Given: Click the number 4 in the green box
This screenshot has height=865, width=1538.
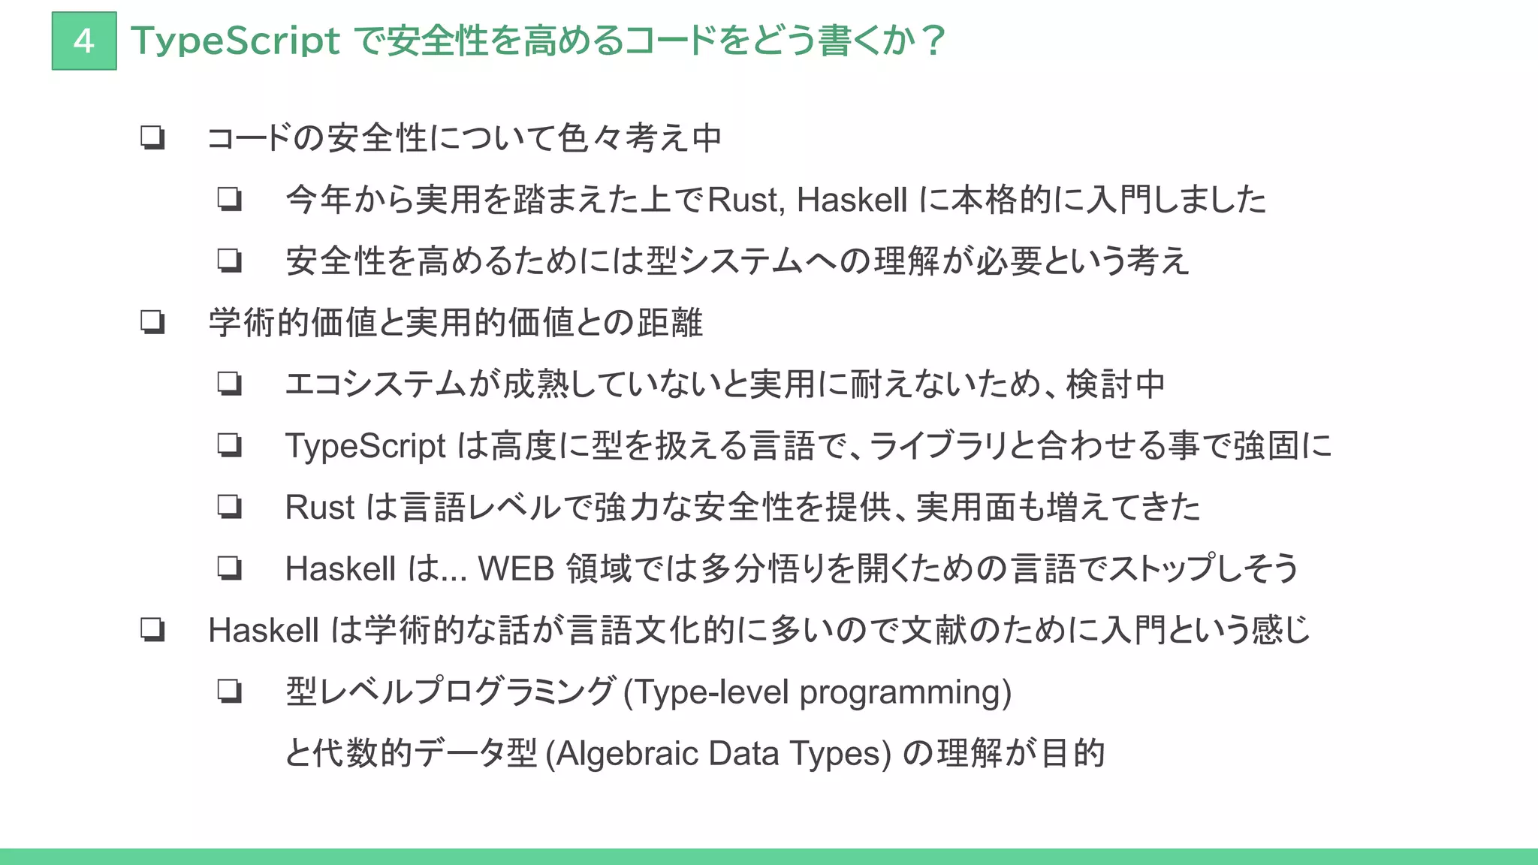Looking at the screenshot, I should coord(84,41).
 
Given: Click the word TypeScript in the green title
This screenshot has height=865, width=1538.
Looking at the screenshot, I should coord(235,41).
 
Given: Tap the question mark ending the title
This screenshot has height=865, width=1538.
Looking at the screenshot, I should coord(933,41).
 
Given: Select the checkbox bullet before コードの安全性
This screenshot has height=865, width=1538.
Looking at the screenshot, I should coord(152,137).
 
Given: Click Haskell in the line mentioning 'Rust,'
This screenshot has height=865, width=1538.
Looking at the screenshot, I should coord(852,200).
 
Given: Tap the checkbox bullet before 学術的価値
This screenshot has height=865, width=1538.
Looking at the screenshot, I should coord(152,322).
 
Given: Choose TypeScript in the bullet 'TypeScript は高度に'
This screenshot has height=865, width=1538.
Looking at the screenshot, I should coord(366,446).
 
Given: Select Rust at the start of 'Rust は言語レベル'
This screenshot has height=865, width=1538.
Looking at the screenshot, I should coord(319,508).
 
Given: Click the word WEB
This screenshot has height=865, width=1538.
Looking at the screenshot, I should coord(516,569).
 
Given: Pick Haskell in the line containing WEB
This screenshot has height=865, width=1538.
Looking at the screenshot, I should coord(340,569).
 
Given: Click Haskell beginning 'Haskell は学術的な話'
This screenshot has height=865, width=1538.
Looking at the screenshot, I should coord(264,631).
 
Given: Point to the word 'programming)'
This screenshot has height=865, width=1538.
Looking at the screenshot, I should coord(906,692).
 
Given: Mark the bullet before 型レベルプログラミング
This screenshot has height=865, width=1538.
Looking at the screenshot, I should coord(230,691).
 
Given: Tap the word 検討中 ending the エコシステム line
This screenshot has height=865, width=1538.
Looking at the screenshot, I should coord(1116,384).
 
